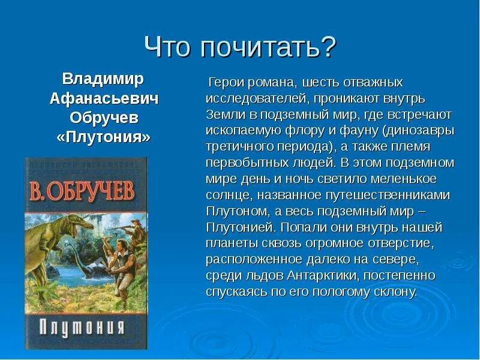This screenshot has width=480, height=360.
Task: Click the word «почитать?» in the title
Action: (269, 47)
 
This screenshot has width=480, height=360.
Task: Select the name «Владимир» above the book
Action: (103, 79)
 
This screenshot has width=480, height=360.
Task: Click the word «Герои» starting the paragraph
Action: (224, 82)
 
